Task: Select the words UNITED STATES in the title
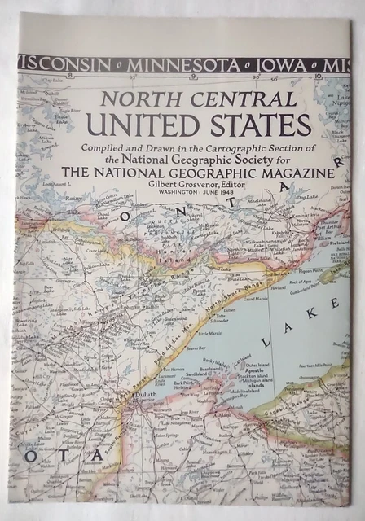pos(200,125)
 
